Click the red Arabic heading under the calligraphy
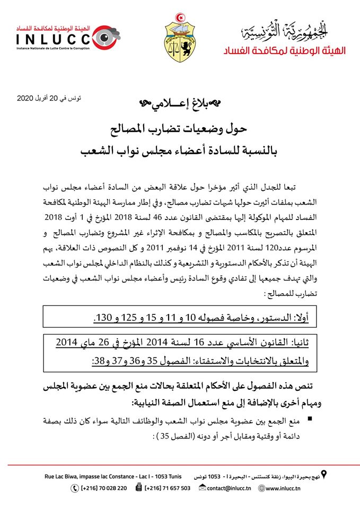coord(285,50)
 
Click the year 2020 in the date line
coord(27,99)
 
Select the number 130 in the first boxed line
coord(102,318)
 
